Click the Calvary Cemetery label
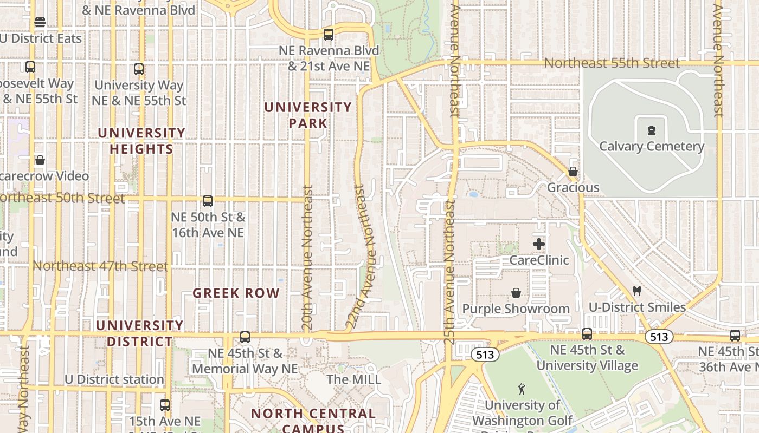[651, 146]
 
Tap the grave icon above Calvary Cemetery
[651, 130]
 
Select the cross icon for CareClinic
[538, 244]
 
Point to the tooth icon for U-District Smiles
[637, 291]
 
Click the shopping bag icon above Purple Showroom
[516, 293]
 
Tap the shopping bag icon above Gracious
[573, 172]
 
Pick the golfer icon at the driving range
[522, 389]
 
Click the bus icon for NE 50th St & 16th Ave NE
[207, 201]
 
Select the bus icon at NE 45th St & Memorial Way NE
[245, 337]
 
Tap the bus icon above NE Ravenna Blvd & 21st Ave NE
[328, 35]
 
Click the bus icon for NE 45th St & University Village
[587, 333]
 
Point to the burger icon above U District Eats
[40, 22]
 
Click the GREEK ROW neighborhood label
[236, 293]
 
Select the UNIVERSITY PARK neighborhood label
[308, 115]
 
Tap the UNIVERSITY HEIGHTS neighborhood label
[141, 141]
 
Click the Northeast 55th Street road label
[611, 63]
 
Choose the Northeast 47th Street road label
[100, 266]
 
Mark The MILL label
[354, 379]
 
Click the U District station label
[114, 379]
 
